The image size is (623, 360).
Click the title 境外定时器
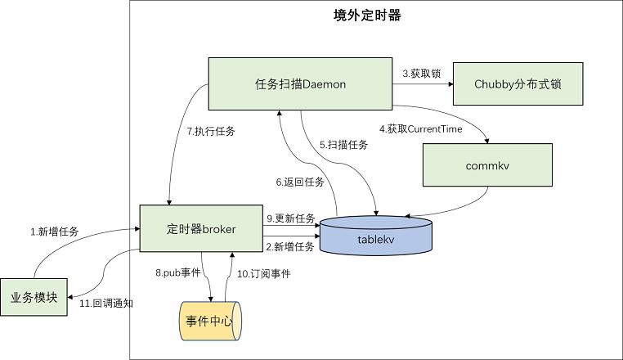369,16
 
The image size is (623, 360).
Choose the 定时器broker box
200,230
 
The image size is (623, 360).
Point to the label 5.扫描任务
343,145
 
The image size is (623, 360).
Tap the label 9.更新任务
290,218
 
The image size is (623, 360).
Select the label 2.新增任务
290,246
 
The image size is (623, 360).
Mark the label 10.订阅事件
264,274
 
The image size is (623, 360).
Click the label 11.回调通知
107,303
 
